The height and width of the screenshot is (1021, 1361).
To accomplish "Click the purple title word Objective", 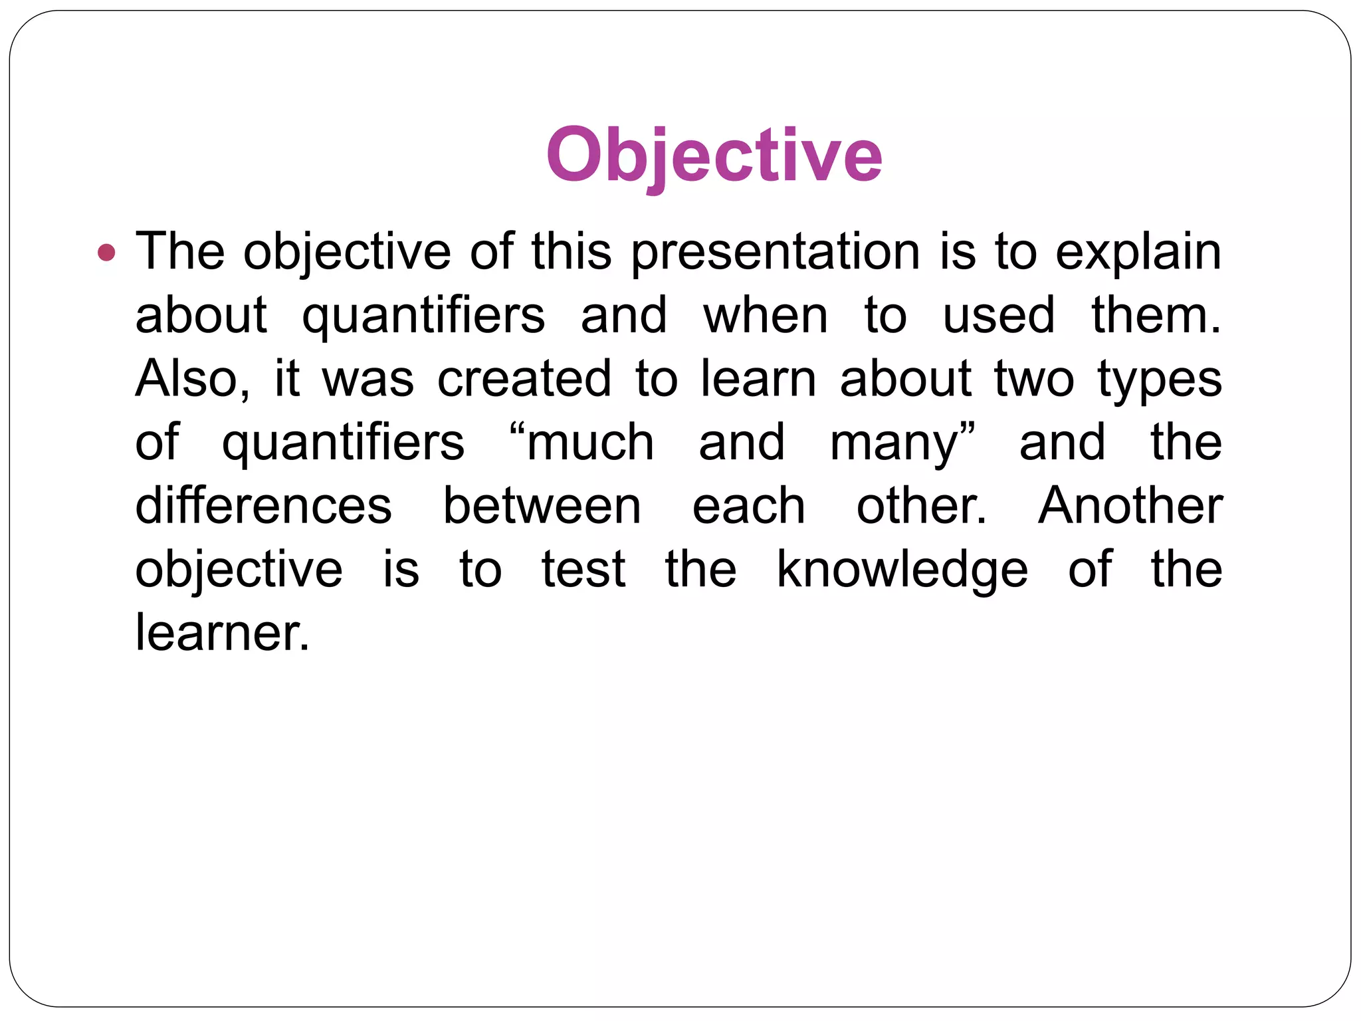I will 714,156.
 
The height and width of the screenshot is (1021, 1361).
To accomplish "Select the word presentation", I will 775,253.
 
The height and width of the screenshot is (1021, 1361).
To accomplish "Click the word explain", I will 1138,253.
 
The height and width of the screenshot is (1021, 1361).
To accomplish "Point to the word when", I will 766,315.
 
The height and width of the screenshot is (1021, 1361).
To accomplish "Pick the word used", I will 998,315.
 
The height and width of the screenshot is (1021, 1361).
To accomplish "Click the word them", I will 1156,315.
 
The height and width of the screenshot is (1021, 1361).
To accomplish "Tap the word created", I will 524,379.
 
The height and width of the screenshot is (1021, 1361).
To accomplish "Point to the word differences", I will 264,506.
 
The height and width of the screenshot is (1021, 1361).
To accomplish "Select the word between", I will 542,506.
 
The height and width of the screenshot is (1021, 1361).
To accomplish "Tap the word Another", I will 1130,506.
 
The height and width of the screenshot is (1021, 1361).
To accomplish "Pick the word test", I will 583,570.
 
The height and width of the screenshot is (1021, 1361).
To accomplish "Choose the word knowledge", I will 902,570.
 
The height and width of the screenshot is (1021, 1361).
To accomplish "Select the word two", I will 1033,379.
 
